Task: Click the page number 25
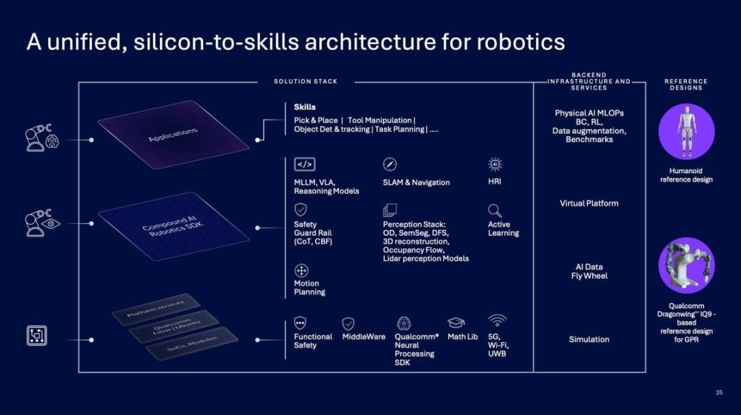coord(719,392)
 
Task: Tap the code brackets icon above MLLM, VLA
coord(305,164)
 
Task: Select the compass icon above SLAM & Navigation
coord(390,164)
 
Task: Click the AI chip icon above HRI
coord(495,164)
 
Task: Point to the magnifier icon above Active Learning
coord(495,210)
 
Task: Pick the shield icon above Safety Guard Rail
coord(301,210)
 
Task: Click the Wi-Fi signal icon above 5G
coord(497,320)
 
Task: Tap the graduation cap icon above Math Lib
coord(456,322)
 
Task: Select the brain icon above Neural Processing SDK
coord(403,323)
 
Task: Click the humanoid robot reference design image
coord(686,131)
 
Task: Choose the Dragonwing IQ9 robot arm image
coord(686,265)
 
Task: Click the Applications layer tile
coord(173,135)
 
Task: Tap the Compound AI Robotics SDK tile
coord(173,226)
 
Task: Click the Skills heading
coord(305,107)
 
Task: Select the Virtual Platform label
coord(589,203)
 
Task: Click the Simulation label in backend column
coord(589,339)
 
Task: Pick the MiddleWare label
coord(364,337)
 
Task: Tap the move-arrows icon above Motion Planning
coord(301,271)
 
